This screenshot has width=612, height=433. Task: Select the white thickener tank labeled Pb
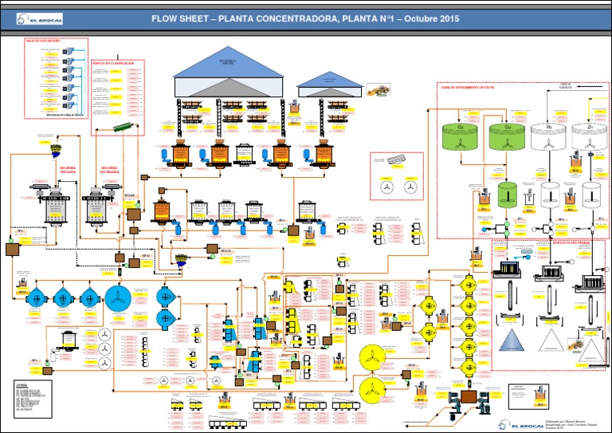[x=547, y=136]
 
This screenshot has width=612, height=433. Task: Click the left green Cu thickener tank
[x=461, y=136]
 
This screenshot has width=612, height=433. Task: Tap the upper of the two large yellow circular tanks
[x=372, y=359]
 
